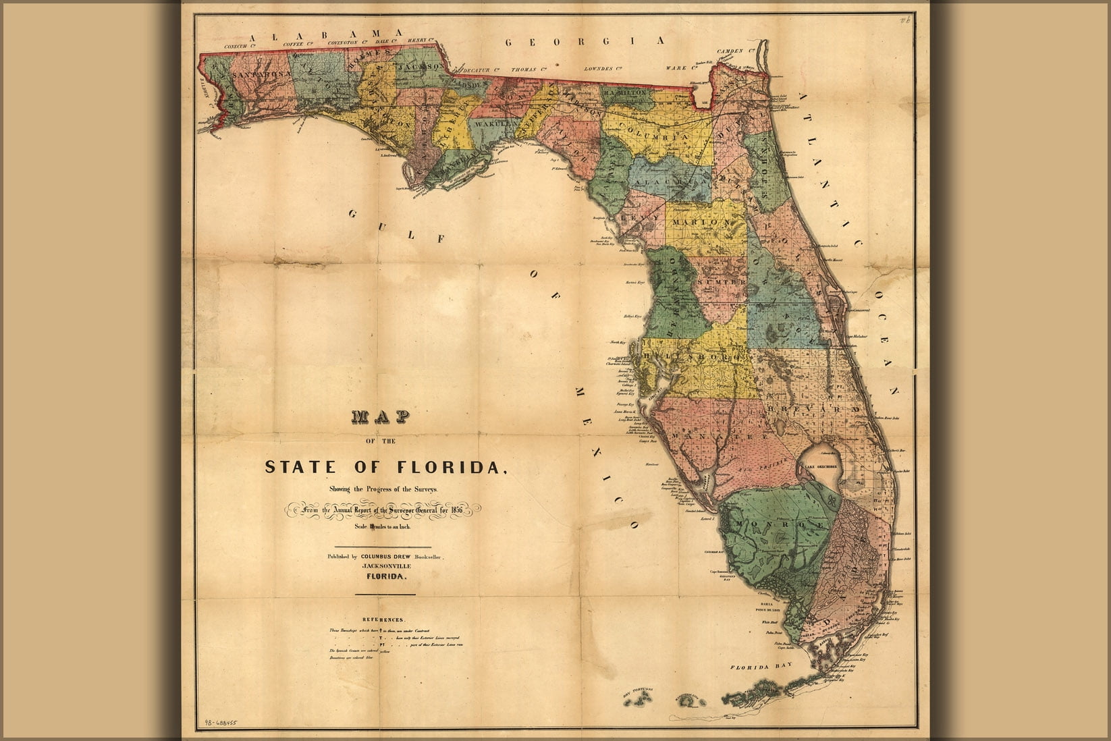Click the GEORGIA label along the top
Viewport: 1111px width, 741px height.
pos(585,42)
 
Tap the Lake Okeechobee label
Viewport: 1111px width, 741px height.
pos(820,466)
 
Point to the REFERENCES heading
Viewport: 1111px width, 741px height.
pos(383,620)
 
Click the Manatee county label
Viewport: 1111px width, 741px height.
pos(717,437)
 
